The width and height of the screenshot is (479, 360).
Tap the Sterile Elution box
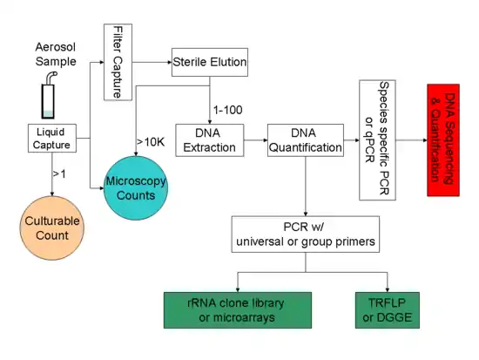(x=209, y=63)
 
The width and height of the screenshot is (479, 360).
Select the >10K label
(x=150, y=141)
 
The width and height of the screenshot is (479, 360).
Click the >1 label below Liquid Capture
(x=59, y=175)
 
